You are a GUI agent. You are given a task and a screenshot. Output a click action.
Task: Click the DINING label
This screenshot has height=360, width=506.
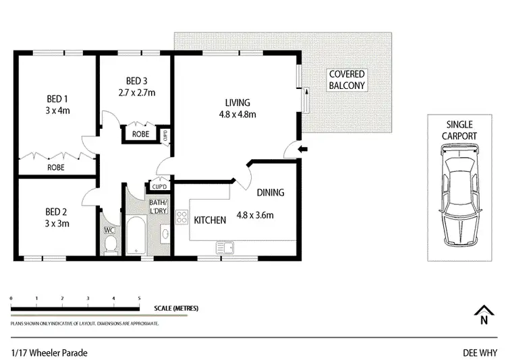[270, 192]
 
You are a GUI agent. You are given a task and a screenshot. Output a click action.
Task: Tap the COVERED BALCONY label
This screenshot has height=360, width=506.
[347, 80]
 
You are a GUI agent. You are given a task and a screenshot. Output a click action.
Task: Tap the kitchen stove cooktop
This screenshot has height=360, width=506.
[181, 217]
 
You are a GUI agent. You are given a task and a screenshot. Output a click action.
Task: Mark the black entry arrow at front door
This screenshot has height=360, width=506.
[303, 149]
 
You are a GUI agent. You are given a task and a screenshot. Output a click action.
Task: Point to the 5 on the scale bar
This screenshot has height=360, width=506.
[139, 297]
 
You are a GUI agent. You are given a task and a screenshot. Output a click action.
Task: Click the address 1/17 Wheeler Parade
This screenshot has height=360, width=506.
[49, 352]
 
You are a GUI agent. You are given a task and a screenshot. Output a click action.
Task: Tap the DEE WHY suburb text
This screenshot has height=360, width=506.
[479, 352]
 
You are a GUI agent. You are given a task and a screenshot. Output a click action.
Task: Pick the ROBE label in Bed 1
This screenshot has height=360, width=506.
[55, 167]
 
